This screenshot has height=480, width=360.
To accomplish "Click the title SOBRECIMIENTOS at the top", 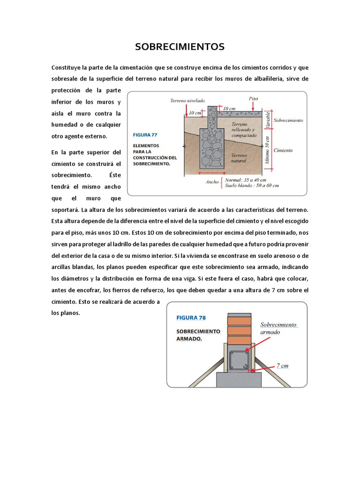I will click(x=180, y=47).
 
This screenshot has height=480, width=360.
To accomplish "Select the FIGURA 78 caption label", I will click(x=191, y=317).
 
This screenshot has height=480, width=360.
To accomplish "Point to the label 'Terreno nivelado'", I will click(x=186, y=100).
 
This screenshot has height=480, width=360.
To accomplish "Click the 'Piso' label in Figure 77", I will click(x=253, y=98).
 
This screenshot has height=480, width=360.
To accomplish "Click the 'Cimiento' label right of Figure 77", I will click(x=283, y=150).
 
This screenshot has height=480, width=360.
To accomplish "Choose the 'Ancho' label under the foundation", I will click(x=212, y=182).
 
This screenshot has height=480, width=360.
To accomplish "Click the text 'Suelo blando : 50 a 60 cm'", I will click(x=252, y=186).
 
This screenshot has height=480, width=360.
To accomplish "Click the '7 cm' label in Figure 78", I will click(x=282, y=365).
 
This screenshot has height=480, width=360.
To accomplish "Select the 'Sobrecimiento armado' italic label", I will click(x=278, y=328).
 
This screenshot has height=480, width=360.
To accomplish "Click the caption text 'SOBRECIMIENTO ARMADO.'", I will click(x=198, y=335).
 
